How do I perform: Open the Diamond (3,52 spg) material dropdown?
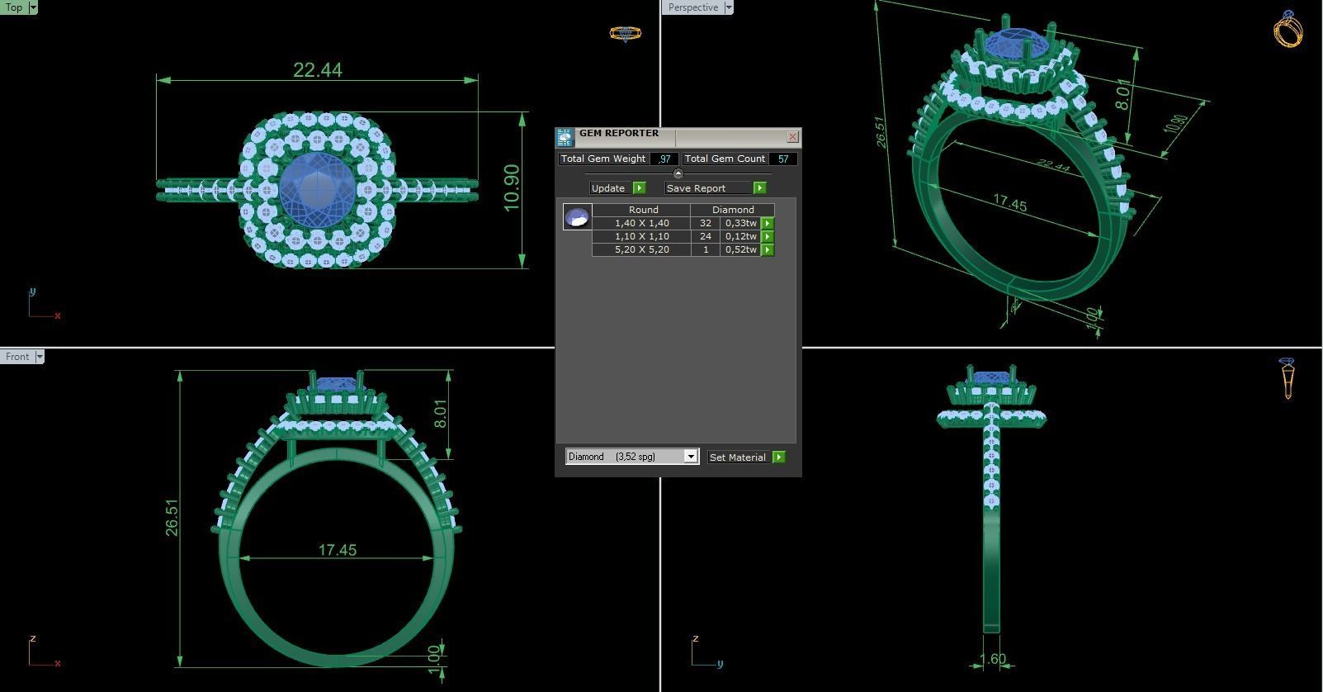pyautogui.click(x=691, y=457)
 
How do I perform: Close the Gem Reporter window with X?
pyautogui.click(x=792, y=137)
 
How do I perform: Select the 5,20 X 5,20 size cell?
pyautogui.click(x=641, y=249)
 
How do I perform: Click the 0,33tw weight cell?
pyautogui.click(x=740, y=223)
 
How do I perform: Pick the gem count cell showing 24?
pyautogui.click(x=705, y=236)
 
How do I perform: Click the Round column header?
pyautogui.click(x=643, y=210)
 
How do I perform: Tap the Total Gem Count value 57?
pyautogui.click(x=782, y=159)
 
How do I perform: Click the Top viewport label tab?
pyautogui.click(x=14, y=7)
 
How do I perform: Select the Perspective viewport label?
pyautogui.click(x=692, y=7)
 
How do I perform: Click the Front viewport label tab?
pyautogui.click(x=17, y=357)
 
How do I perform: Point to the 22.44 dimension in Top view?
pyautogui.click(x=317, y=70)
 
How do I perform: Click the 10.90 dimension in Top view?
pyautogui.click(x=512, y=187)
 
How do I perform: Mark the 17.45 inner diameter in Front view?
pyautogui.click(x=337, y=550)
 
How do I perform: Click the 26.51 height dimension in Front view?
pyautogui.click(x=172, y=518)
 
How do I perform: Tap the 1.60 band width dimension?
pyautogui.click(x=992, y=659)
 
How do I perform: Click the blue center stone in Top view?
pyautogui.click(x=317, y=189)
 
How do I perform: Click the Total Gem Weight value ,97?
pyautogui.click(x=664, y=159)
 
